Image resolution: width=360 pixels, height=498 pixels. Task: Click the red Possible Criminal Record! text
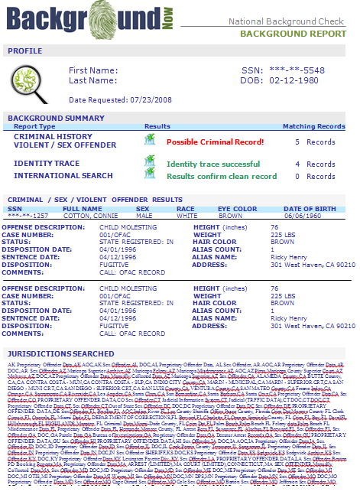[x=216, y=142]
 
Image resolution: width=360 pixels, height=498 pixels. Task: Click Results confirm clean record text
[x=222, y=176]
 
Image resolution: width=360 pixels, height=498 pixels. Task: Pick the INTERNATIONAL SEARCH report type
[x=63, y=175]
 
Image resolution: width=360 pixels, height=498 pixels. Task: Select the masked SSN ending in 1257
[x=25, y=216]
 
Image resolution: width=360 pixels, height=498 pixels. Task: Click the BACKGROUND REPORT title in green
[x=293, y=34]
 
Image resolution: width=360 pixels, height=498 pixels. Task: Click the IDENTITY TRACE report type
[x=47, y=164]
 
